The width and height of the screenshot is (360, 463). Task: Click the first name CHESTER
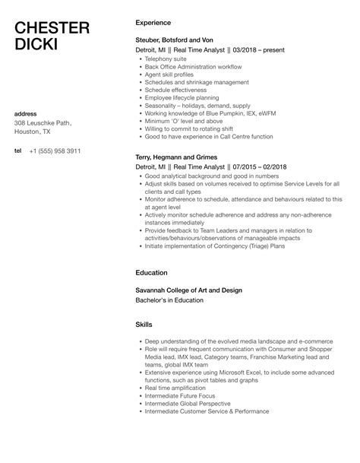(x=52, y=28)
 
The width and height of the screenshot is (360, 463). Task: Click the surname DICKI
(x=39, y=47)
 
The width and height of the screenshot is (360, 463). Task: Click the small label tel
(x=18, y=151)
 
